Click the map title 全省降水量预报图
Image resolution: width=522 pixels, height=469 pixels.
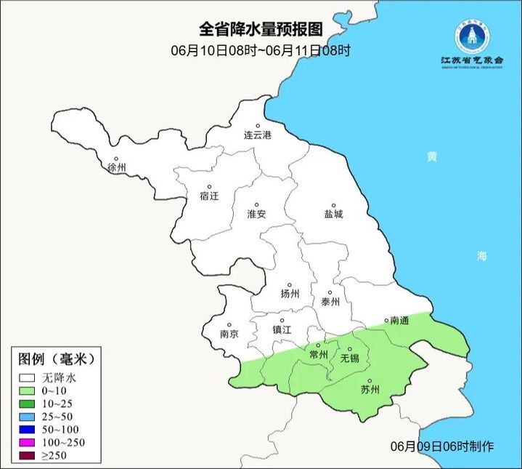[261, 30]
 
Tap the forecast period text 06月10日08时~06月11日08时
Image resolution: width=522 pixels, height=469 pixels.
[261, 50]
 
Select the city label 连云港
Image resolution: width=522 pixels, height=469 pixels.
[257, 135]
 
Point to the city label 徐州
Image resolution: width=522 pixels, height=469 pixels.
[116, 167]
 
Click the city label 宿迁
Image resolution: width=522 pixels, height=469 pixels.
[209, 196]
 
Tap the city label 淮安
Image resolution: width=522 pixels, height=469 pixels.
[256, 214]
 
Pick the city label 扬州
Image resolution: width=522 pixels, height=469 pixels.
[290, 294]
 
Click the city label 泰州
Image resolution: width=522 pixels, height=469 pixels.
[330, 302]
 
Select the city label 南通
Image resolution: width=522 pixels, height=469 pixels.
[400, 320]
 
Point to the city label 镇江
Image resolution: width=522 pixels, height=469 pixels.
[282, 329]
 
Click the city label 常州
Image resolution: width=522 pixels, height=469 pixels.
[318, 354]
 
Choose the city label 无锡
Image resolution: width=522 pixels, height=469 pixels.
[349, 358]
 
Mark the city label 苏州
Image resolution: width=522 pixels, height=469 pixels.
[370, 389]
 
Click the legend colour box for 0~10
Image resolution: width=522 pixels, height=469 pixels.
[28, 390]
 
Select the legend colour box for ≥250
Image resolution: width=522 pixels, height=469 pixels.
[28, 456]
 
